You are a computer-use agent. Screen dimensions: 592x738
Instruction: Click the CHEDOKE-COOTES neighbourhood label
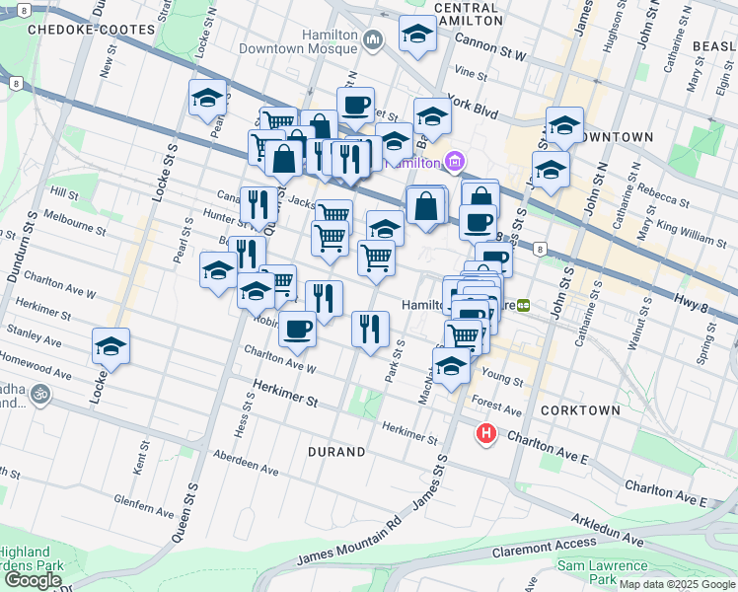tap(78, 30)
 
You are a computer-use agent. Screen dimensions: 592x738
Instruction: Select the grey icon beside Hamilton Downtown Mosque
tap(373, 39)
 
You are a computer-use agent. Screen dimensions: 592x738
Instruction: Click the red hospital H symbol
tap(485, 433)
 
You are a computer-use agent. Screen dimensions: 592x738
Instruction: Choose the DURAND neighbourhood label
tap(335, 452)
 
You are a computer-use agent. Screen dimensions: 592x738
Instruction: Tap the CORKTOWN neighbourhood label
tap(580, 409)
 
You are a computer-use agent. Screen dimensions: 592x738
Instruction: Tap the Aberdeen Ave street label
tap(256, 463)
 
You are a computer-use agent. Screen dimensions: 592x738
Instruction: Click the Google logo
tap(33, 580)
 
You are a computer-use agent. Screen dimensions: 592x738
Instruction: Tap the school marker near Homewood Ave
tap(111, 347)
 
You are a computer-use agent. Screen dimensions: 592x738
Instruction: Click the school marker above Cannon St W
tap(417, 33)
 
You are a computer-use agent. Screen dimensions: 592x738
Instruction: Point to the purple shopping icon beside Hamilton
tap(455, 161)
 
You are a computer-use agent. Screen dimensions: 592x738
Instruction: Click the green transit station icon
tap(525, 306)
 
